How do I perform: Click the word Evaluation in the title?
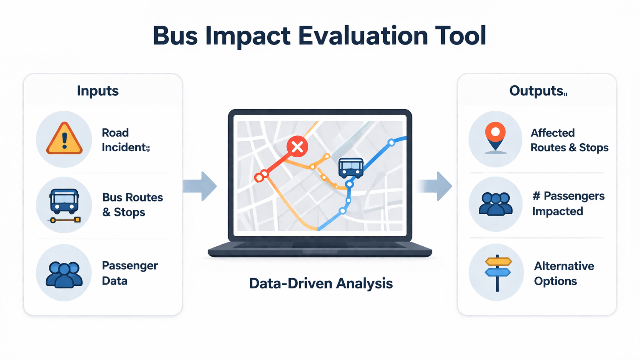click(363, 36)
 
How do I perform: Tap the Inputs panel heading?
click(98, 91)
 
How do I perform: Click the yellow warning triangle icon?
click(64, 139)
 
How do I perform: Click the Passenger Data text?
click(129, 273)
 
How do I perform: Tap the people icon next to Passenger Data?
click(64, 274)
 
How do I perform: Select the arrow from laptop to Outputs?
click(436, 186)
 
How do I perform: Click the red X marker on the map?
click(297, 146)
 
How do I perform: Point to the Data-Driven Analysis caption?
click(321, 284)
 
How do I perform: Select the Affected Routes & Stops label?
click(569, 140)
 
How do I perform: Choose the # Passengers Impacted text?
click(568, 203)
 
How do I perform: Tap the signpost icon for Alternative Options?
click(498, 272)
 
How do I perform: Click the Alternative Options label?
click(564, 273)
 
